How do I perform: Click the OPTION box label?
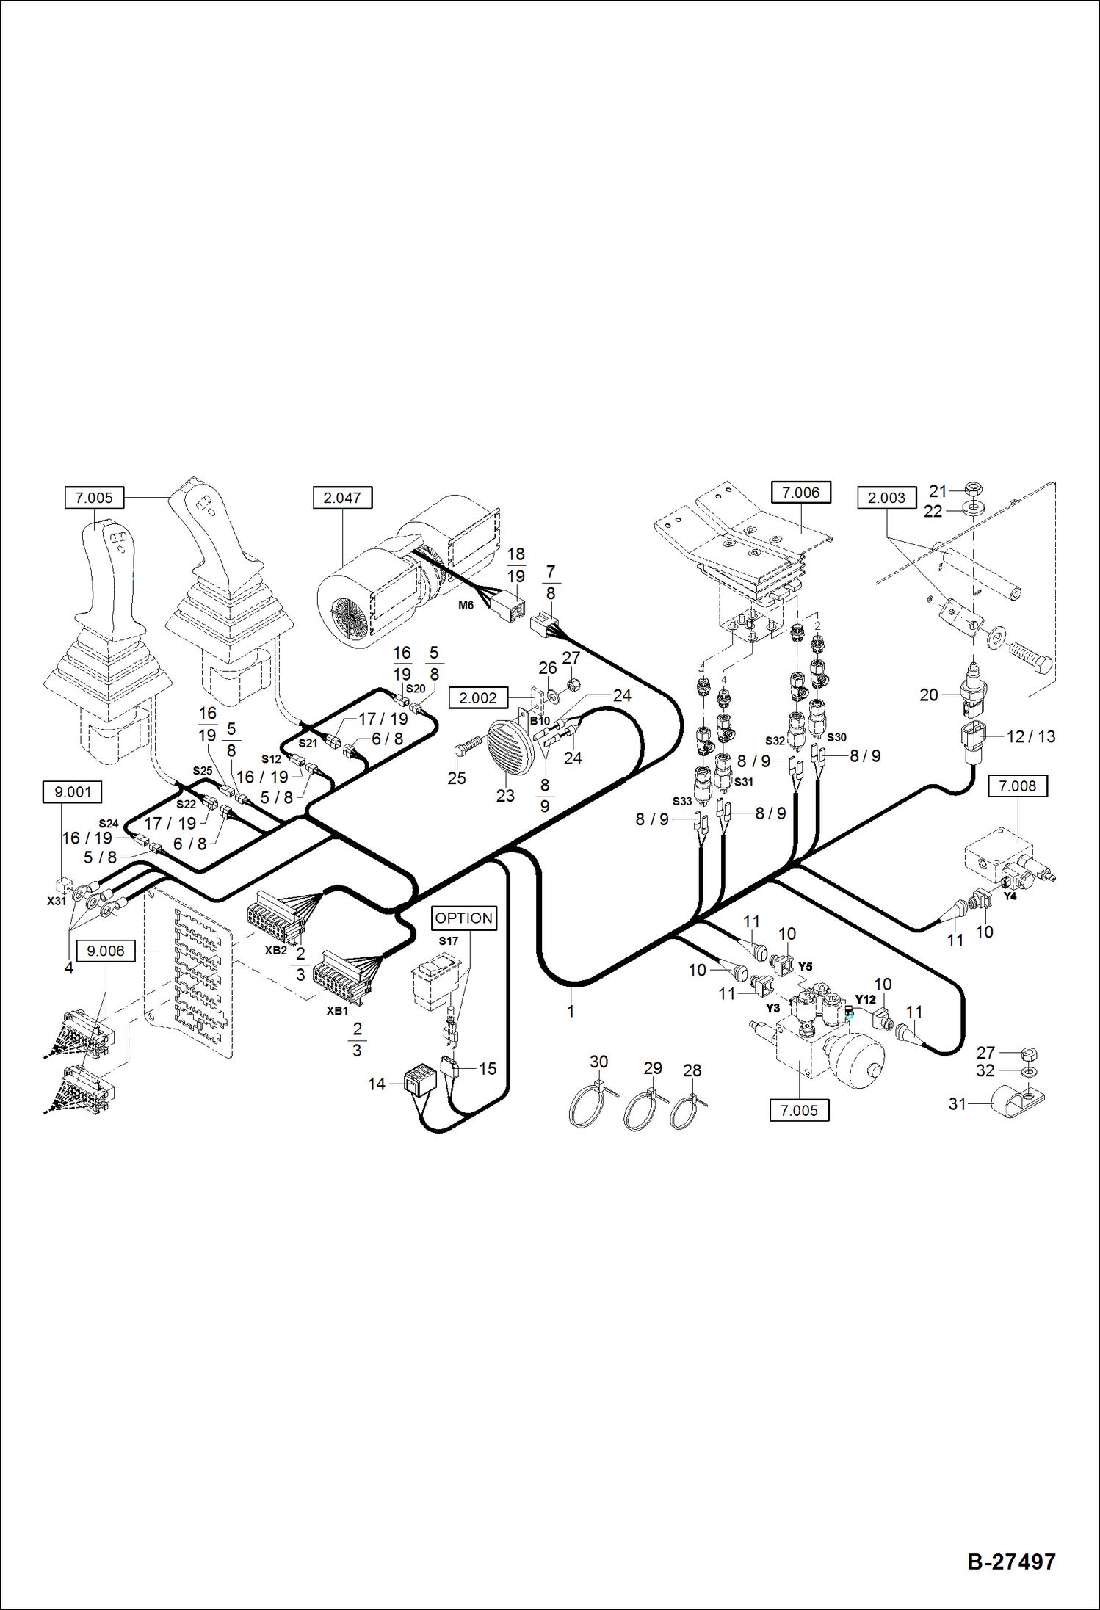tap(463, 918)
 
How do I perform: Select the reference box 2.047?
tap(342, 498)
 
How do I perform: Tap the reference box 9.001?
tap(73, 792)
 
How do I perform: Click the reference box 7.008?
tap(1017, 786)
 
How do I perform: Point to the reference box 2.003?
tap(886, 498)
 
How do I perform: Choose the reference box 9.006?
tap(106, 951)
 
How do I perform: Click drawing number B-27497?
tap(1011, 1562)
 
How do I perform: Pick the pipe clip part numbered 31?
tap(1017, 1103)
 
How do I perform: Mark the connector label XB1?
tap(337, 1011)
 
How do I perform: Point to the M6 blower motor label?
tap(466, 606)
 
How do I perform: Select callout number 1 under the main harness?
tap(571, 1011)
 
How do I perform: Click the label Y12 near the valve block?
tap(865, 999)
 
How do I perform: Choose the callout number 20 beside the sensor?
tap(928, 695)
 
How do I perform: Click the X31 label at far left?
tap(57, 901)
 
